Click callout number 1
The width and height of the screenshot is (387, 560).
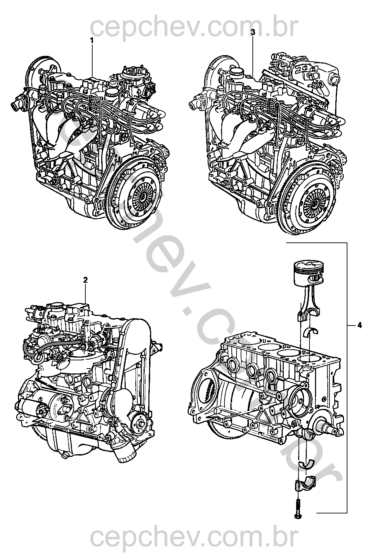[92, 40]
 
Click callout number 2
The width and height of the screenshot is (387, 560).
[85, 280]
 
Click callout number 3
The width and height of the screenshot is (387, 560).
[253, 32]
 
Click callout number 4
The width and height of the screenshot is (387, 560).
[359, 325]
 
